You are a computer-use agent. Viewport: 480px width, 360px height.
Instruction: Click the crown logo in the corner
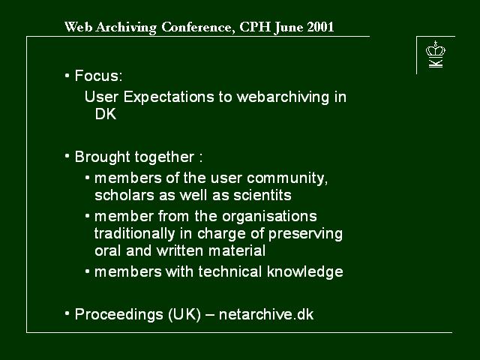[436, 54]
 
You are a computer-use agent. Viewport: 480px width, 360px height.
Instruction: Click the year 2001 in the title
[320, 27]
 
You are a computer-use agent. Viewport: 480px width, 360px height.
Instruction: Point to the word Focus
[98, 76]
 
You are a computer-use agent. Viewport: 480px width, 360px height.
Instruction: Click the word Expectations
[169, 97]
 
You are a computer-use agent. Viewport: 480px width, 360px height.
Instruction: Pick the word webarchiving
[283, 97]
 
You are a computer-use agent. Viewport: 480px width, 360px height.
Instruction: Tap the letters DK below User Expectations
[106, 115]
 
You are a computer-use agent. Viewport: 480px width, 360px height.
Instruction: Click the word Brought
[103, 157]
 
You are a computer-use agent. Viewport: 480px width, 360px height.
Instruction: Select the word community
[287, 178]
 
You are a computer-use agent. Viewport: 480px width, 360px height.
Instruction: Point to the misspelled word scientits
[262, 195]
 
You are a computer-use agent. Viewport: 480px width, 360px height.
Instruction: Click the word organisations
[269, 217]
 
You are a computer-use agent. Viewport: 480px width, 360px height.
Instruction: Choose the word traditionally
[134, 233]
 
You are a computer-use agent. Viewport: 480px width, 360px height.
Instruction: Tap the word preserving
[305, 234]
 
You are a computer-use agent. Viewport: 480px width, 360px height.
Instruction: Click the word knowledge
[305, 271]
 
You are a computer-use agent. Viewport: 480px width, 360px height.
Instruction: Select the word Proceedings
[118, 314]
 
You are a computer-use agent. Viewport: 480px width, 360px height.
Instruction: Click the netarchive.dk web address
[266, 314]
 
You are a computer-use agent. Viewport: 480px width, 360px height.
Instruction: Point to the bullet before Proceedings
[67, 313]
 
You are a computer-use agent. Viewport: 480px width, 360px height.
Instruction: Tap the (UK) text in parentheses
[184, 314]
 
